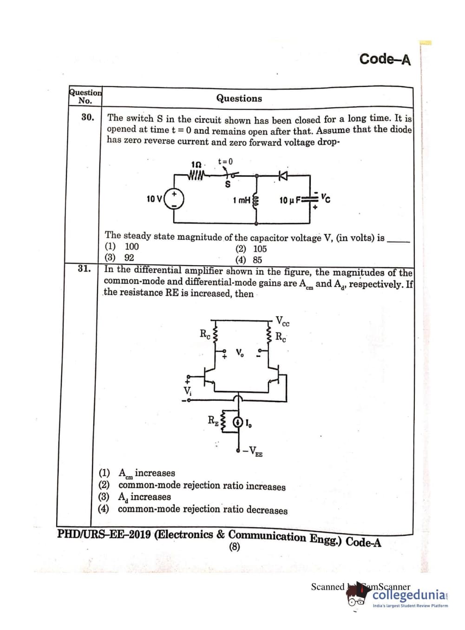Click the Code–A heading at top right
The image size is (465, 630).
tap(385, 59)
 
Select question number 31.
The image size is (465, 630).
tap(84, 268)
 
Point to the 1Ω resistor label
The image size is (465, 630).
tap(196, 164)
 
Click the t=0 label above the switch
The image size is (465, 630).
tap(225, 161)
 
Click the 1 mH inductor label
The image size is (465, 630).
tap(242, 200)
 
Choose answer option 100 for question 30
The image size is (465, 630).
tap(131, 247)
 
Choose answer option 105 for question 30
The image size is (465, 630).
tap(260, 249)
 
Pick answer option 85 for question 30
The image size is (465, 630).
tap(257, 260)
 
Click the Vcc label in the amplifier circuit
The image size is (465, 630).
tap(282, 321)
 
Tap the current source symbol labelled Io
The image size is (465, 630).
tap(238, 422)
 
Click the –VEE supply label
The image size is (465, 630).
tap(253, 450)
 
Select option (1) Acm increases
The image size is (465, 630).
tap(137, 473)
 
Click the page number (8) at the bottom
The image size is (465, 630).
tap(235, 547)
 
